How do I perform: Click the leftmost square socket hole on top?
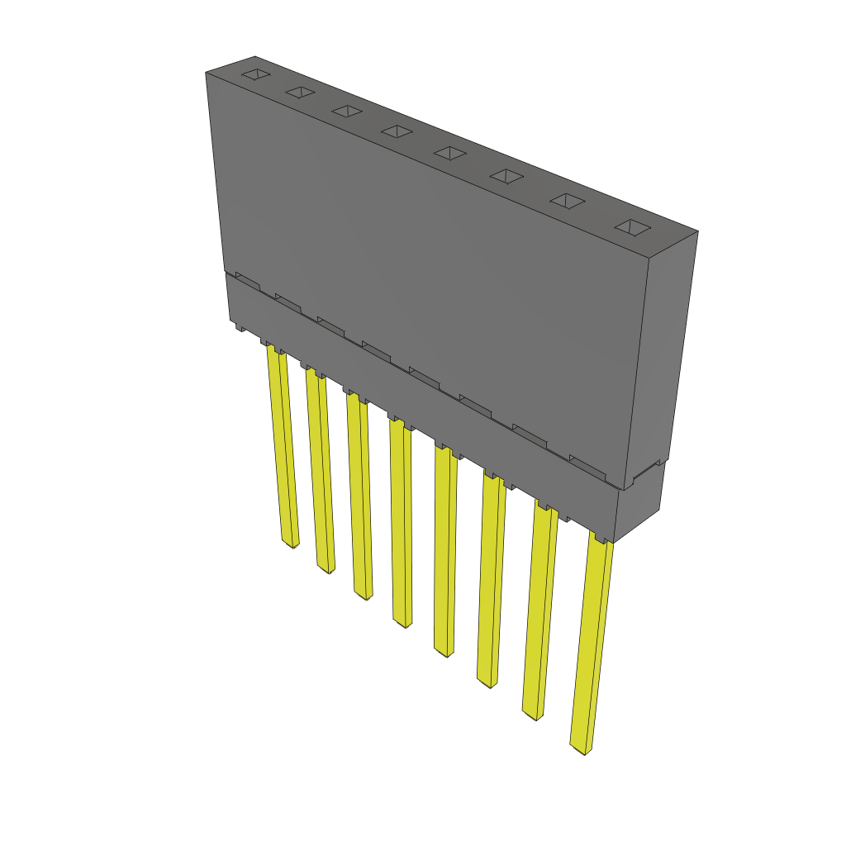pos(256,75)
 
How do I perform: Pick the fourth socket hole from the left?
pos(397,131)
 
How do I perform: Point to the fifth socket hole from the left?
pos(450,152)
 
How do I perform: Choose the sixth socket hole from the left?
pos(506,175)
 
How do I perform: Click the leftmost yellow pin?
pos(282,446)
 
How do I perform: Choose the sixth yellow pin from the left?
pos(491,582)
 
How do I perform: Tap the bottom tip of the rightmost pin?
pos(582,750)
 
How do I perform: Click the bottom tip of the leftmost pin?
pos(291,545)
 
